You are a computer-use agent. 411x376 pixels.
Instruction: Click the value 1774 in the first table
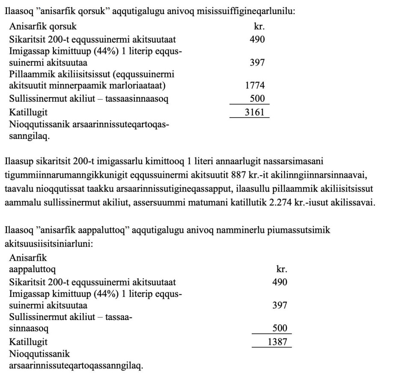(255, 86)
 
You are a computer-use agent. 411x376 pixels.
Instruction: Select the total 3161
(255, 113)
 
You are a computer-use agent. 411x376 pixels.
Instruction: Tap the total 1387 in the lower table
(277, 342)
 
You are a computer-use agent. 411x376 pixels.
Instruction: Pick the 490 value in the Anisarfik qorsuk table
(257, 39)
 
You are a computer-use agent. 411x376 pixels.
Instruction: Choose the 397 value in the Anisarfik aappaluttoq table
(280, 305)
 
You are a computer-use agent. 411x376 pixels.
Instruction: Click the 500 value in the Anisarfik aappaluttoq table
(280, 329)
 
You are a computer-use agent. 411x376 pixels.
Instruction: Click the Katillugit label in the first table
(28, 113)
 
